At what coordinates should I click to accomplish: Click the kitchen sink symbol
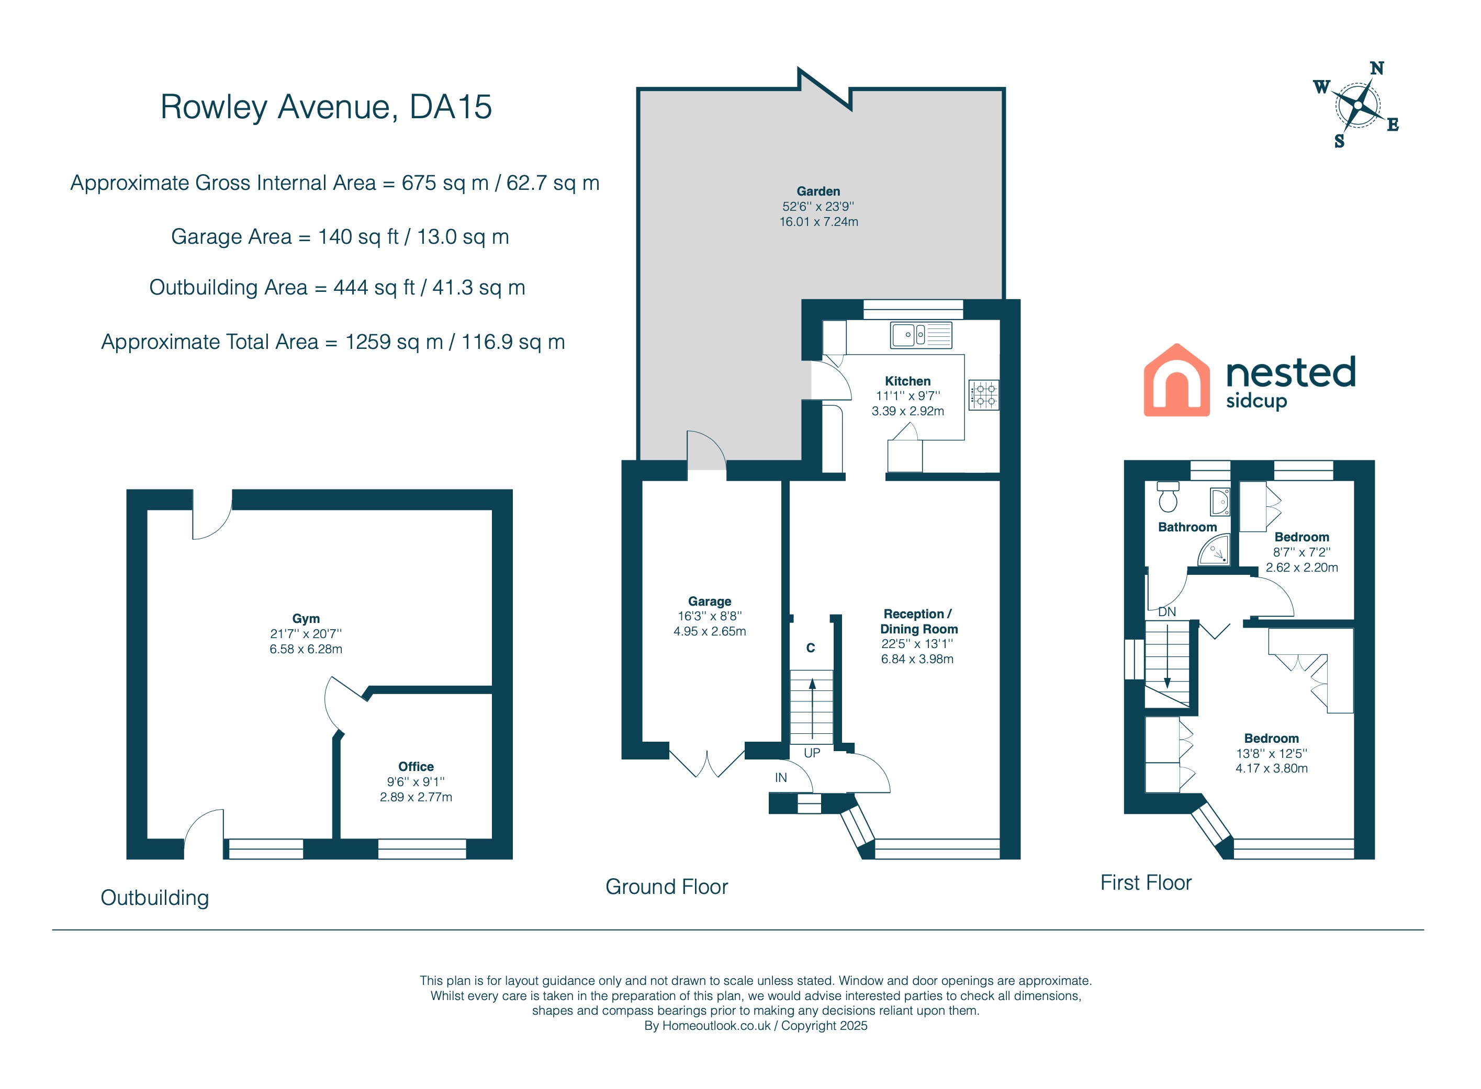(x=921, y=335)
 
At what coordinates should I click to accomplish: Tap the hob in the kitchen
(x=983, y=395)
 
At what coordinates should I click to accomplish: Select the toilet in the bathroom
(x=1168, y=497)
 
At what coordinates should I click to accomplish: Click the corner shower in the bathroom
(x=1214, y=550)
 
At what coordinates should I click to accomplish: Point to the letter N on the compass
(x=1377, y=69)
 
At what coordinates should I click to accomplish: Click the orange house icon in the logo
(x=1176, y=380)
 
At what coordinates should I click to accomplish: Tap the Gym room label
(x=306, y=618)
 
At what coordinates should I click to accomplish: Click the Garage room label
(x=710, y=601)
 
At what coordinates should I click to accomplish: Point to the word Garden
(x=818, y=191)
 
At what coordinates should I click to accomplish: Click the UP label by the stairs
(x=812, y=753)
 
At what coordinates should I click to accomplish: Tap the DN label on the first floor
(x=1167, y=612)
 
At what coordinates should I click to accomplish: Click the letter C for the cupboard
(x=811, y=648)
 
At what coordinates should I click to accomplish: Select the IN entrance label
(x=781, y=778)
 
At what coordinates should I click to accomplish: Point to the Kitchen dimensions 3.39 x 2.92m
(x=908, y=411)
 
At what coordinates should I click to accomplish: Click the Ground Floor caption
(x=667, y=887)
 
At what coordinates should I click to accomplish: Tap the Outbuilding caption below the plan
(x=155, y=898)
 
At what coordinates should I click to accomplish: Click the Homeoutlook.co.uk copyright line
(x=756, y=1026)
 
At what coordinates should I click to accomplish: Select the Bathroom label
(x=1187, y=527)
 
